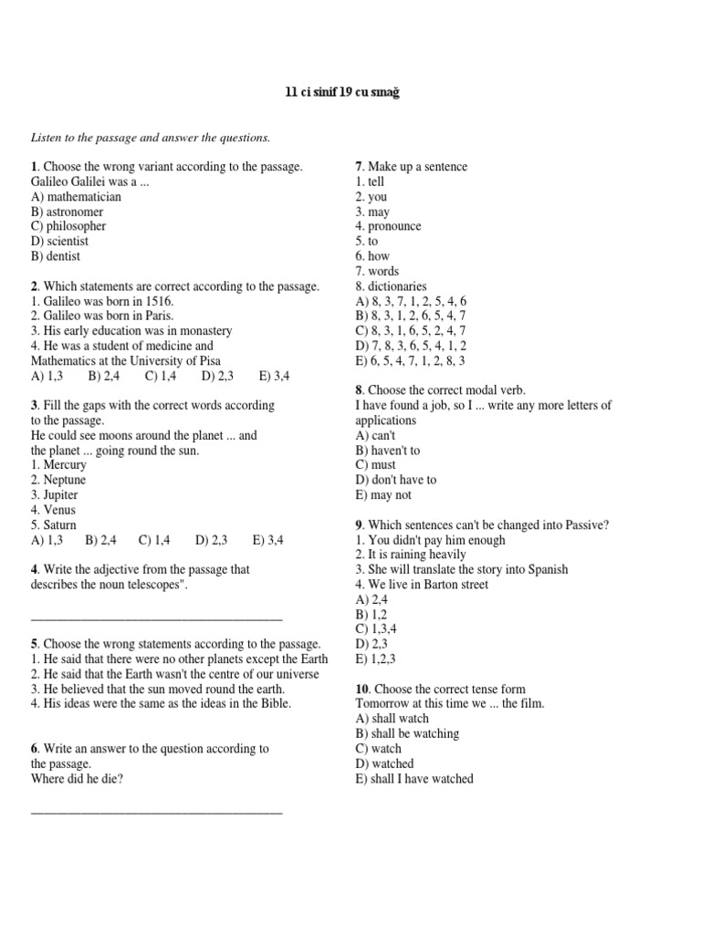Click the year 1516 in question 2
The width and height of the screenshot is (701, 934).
point(158,301)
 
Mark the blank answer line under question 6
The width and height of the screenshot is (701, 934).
point(156,810)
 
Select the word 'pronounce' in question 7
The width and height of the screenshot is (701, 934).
point(394,226)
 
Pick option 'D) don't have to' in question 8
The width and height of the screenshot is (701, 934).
point(396,480)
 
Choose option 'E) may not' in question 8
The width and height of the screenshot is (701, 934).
point(383,495)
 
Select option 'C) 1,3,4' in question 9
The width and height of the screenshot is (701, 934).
point(376,629)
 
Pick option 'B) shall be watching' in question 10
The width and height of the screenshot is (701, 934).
point(407,733)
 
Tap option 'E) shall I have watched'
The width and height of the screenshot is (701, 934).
point(414,779)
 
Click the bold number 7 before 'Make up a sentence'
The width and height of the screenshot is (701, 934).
point(359,167)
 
